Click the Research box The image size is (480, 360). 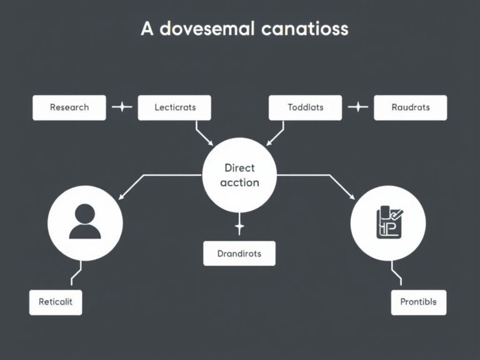69,107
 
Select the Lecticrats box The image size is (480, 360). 175,107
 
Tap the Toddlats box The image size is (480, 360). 306,107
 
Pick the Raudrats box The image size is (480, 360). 411,107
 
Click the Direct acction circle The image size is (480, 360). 240,176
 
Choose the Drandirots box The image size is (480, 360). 239,254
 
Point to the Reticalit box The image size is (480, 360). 56,302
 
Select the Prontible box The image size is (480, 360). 418,302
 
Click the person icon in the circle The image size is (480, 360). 85,222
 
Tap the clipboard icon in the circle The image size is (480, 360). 388,222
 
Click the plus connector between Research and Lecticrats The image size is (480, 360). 122,107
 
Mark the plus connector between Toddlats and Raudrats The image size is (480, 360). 357,107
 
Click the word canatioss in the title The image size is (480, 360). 297,29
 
